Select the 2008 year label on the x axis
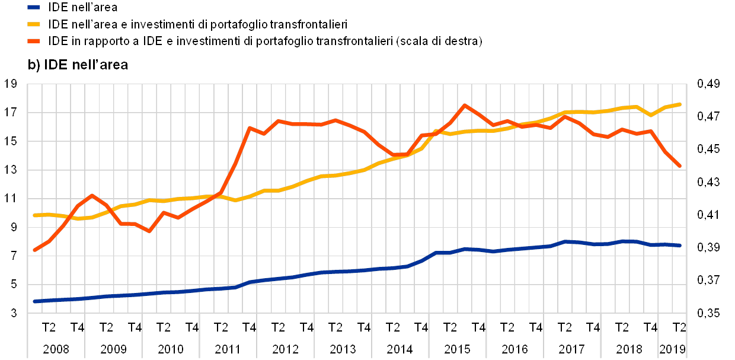[56, 348]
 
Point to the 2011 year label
[228, 348]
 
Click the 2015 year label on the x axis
[458, 348]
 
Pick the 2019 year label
[673, 348]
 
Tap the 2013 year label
[343, 348]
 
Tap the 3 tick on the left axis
[14, 313]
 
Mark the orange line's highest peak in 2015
[465, 105]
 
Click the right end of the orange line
[679, 166]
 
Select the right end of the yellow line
[679, 104]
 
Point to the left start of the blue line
[34, 301]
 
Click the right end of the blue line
[679, 245]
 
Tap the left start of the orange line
[34, 250]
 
